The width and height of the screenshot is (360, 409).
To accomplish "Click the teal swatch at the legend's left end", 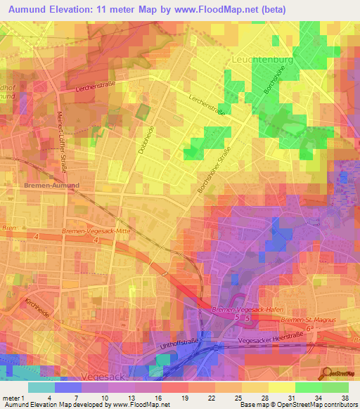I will [x=41, y=387].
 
